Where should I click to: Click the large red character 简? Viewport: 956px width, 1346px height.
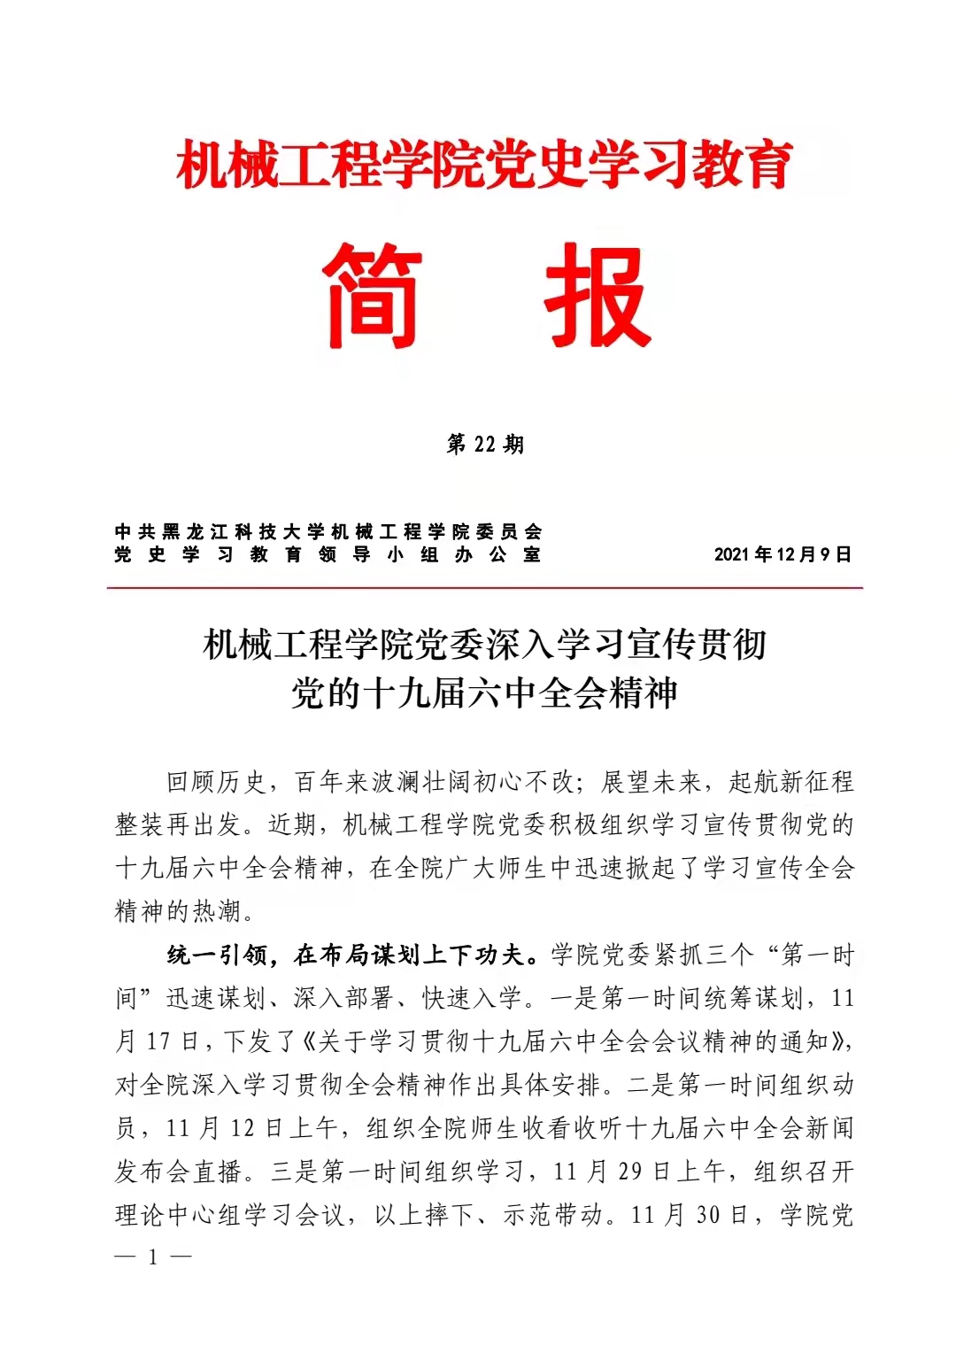[x=372, y=296]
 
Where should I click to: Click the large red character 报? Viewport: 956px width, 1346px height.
[x=598, y=296]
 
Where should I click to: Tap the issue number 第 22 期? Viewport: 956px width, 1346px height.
[x=485, y=444]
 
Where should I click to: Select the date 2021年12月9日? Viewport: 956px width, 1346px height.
[x=783, y=554]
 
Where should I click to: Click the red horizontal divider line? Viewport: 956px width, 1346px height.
[x=485, y=587]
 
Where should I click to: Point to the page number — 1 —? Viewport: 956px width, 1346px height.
[x=153, y=1257]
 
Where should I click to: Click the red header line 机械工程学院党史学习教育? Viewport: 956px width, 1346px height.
[x=485, y=166]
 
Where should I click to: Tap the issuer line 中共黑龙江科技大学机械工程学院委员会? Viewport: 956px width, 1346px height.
[x=328, y=531]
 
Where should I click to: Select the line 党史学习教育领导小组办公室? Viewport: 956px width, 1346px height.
[x=328, y=554]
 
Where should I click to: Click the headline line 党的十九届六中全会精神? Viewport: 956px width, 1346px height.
[x=485, y=692]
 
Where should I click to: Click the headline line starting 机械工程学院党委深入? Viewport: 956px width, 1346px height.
[x=485, y=644]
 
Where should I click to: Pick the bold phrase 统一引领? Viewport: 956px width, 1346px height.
[x=218, y=955]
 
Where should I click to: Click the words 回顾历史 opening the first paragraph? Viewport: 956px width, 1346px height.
[x=217, y=782]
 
